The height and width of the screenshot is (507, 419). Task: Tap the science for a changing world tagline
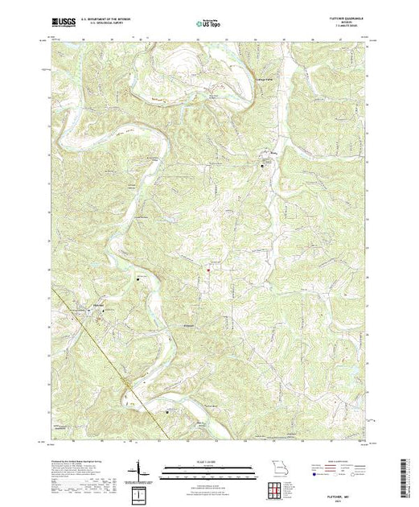62,31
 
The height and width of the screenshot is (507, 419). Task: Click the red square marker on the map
208,270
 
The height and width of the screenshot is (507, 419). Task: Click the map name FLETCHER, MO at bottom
348,492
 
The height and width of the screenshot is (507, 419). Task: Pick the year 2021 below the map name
348,498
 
